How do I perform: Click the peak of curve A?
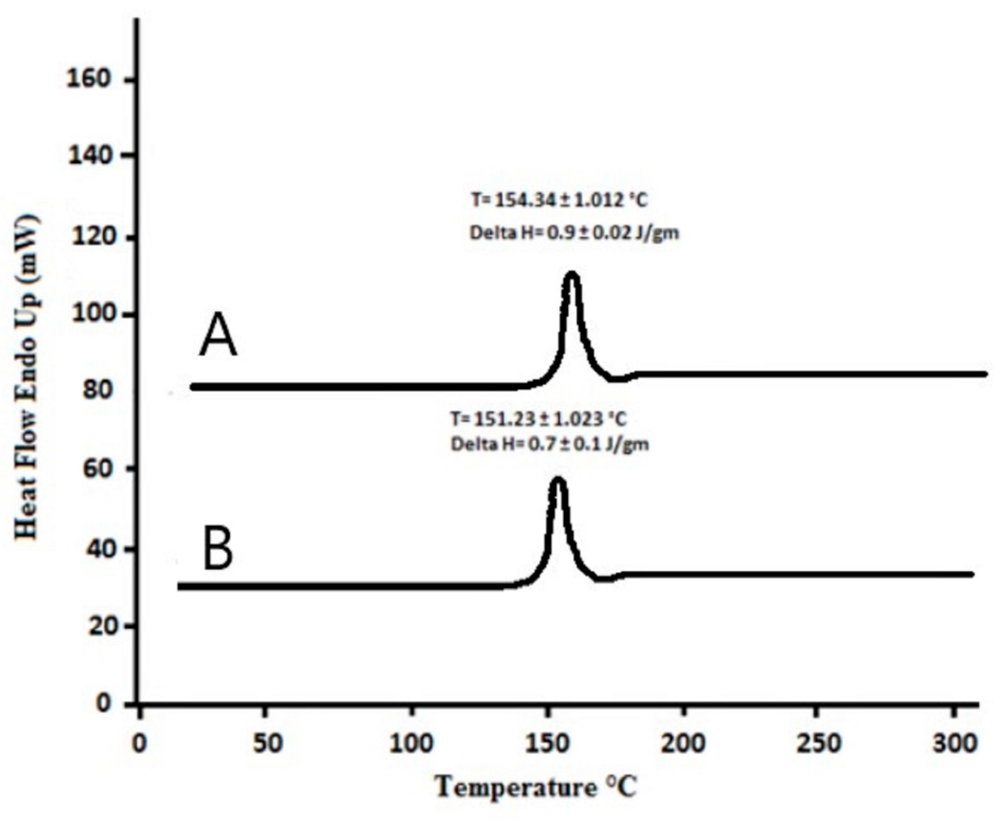point(572,275)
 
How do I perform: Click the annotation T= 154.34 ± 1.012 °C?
point(559,200)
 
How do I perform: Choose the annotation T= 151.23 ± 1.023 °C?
point(539,419)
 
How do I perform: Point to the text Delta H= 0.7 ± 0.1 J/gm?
point(550,445)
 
